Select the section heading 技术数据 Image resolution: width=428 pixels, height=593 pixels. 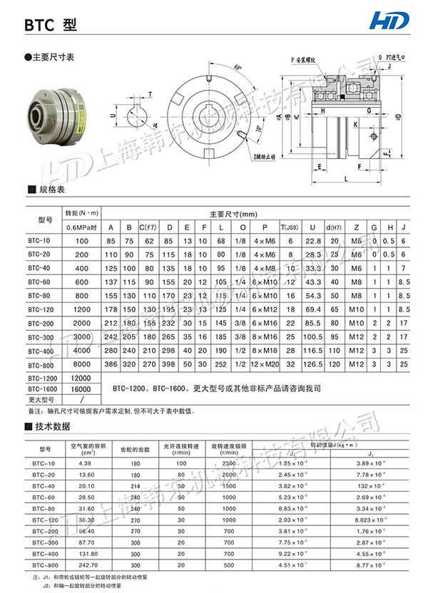pyautogui.click(x=55, y=427)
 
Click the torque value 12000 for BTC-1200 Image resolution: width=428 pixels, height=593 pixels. pyautogui.click(x=81, y=378)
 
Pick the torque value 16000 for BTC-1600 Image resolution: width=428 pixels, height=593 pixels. pyautogui.click(x=81, y=389)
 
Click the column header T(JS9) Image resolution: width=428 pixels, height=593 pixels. pyautogui.click(x=290, y=227)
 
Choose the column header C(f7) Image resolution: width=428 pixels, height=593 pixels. pyautogui.click(x=148, y=227)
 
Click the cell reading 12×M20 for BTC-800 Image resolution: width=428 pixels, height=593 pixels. pyautogui.click(x=265, y=364)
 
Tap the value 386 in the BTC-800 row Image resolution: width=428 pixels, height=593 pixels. pyautogui.click(x=111, y=364)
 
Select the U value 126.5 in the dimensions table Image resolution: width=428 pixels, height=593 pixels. pyautogui.click(x=312, y=364)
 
